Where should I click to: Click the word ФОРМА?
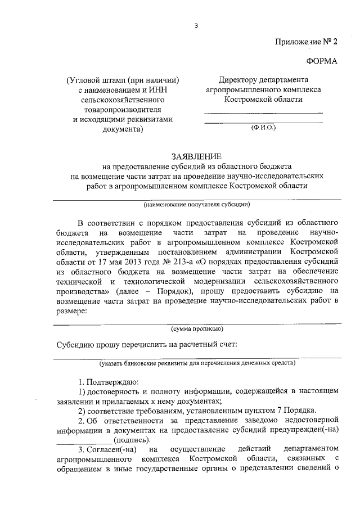tap(322, 61)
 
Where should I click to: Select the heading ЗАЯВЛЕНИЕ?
tap(196, 156)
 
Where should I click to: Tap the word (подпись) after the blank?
tap(132, 439)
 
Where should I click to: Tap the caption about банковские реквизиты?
tap(197, 363)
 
